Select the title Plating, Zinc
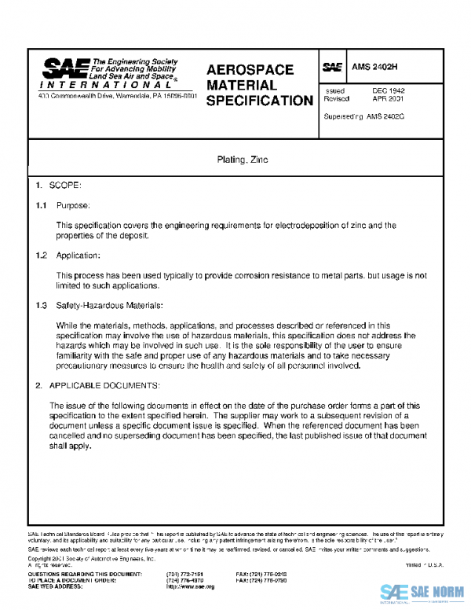pos(243,160)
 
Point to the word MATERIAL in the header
pos(241,85)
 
